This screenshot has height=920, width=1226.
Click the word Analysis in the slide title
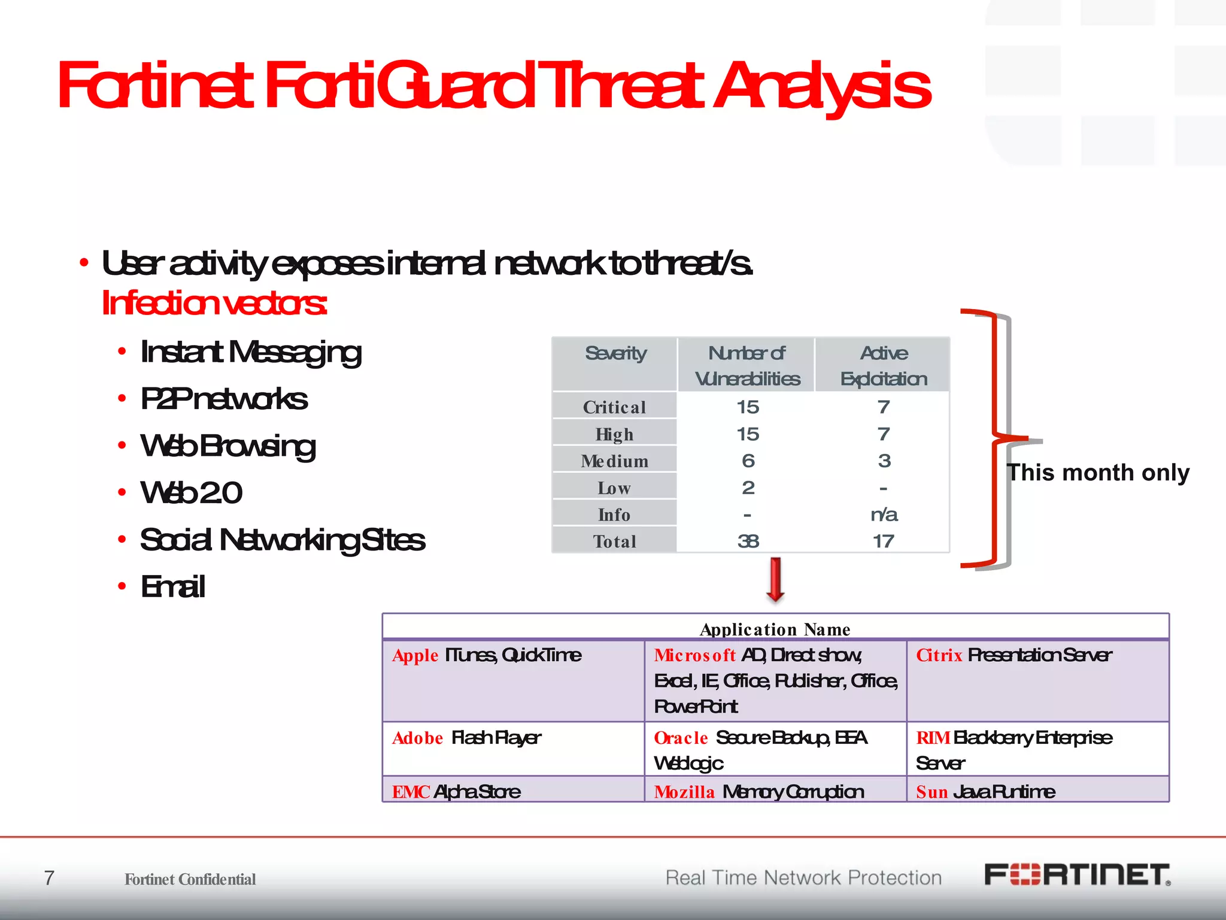click(823, 86)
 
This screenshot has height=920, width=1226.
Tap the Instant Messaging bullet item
click(250, 352)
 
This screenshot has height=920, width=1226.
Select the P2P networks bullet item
click(223, 399)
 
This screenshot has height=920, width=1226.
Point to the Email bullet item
click(172, 586)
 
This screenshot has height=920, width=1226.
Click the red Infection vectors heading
click(214, 303)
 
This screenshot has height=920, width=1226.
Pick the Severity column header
click(615, 353)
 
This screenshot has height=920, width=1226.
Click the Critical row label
click(614, 407)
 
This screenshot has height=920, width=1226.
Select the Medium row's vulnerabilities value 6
click(748, 461)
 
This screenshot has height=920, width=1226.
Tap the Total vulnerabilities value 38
click(748, 541)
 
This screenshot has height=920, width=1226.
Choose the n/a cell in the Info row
click(884, 515)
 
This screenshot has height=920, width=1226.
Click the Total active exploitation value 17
click(884, 541)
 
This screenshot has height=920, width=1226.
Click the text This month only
click(1097, 473)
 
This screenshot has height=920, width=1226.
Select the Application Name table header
click(775, 629)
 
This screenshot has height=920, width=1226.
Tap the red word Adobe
click(417, 738)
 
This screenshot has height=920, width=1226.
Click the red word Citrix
click(939, 655)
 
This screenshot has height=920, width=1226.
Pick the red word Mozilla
click(684, 792)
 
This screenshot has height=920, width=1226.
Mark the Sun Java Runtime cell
click(985, 792)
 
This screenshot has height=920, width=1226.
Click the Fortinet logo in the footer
click(1077, 875)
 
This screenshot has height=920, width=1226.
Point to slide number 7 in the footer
click(49, 878)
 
